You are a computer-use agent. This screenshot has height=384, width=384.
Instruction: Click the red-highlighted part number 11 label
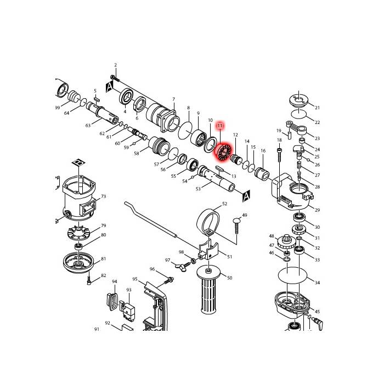pos(220,126)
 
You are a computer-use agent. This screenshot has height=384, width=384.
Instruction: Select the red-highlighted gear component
pos(224,152)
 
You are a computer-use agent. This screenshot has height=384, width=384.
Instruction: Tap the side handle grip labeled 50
pos(209,290)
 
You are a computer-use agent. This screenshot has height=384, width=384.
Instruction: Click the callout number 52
pos(224,204)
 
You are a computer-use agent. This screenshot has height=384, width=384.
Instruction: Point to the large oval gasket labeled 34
pos(292,275)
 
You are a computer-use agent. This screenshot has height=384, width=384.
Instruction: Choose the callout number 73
pos(104,196)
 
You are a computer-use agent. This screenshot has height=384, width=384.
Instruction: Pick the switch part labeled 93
pos(128,309)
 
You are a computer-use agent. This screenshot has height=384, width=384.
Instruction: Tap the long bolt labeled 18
pos(279,174)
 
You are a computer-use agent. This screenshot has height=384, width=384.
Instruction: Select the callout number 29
pos(317,210)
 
